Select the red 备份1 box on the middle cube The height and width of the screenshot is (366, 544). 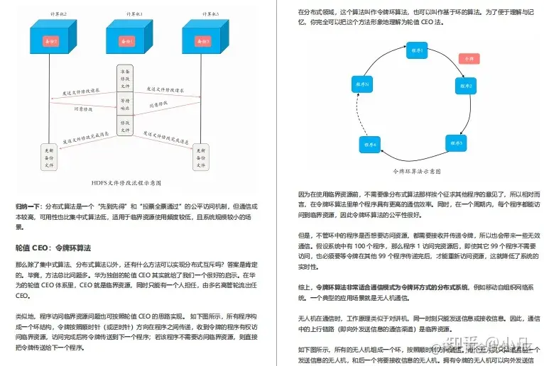[130, 43]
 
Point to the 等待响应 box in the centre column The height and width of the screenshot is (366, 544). [125, 105]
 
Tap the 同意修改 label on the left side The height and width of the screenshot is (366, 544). [83, 111]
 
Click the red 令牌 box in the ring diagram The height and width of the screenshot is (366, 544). [467, 60]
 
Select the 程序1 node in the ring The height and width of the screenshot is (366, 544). [417, 51]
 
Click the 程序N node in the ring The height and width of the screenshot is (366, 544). [361, 85]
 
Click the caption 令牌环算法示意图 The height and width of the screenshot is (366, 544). [418, 171]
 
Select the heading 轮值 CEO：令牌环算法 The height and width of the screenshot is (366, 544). [53, 248]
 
